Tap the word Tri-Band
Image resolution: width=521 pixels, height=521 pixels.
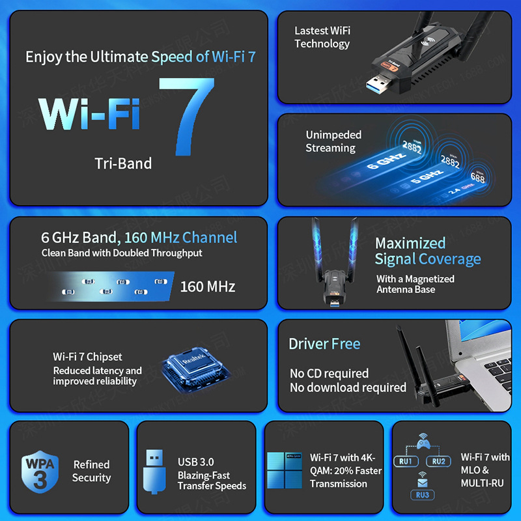(x=123, y=163)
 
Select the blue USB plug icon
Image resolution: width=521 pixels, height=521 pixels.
(x=154, y=471)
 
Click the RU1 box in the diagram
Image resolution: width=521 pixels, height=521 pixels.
(x=406, y=461)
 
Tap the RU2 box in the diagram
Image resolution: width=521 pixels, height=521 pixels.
(x=438, y=461)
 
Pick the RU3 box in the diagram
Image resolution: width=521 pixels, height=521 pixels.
(x=422, y=495)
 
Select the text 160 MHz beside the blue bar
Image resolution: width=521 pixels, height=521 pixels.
(x=207, y=286)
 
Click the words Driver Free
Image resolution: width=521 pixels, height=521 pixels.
(x=324, y=344)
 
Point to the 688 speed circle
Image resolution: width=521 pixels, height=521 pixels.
(x=477, y=176)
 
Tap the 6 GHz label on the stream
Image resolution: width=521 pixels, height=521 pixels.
(x=382, y=162)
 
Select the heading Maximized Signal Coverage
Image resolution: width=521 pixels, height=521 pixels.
(x=427, y=251)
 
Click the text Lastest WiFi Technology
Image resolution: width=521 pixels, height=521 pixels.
(x=322, y=37)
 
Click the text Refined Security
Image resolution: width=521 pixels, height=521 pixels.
(x=91, y=471)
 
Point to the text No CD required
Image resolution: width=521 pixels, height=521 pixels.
(x=329, y=373)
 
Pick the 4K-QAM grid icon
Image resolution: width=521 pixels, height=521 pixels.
(x=284, y=470)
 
